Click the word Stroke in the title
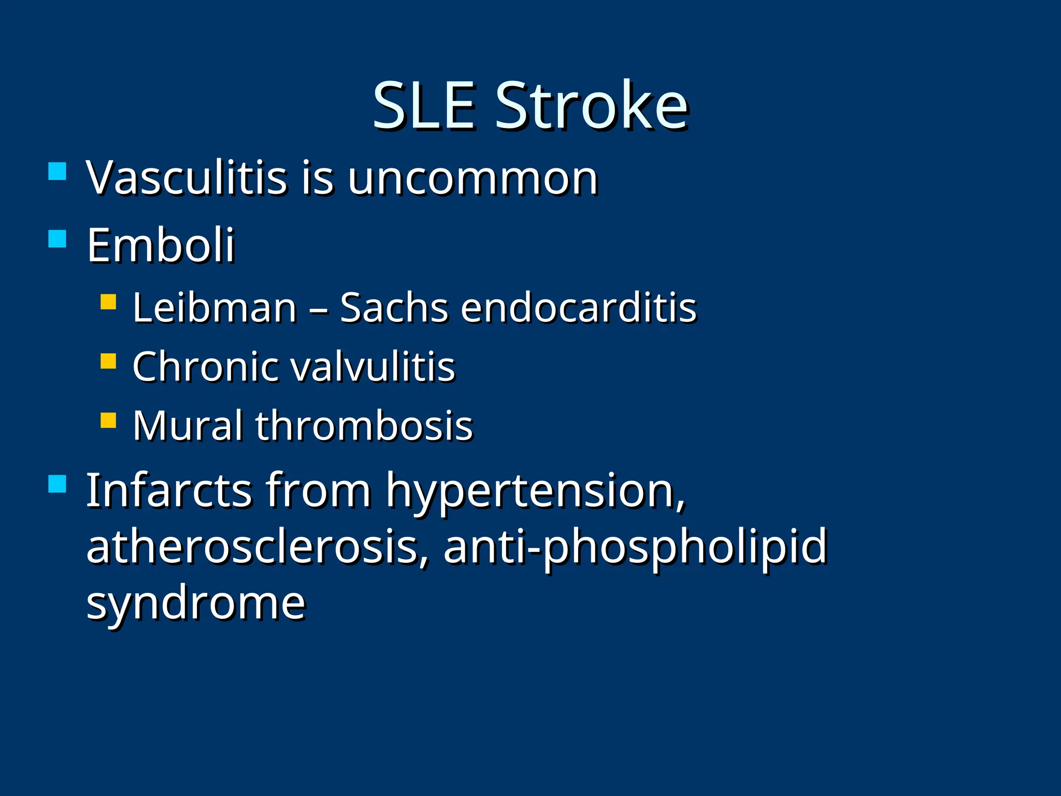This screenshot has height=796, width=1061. (592, 106)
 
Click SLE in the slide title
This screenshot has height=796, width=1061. (424, 106)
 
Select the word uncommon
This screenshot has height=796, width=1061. (472, 179)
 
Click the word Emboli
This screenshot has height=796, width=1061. (161, 246)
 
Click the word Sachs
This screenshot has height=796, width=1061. (394, 308)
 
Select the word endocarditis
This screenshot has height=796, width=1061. (579, 308)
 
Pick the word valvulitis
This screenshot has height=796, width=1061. (372, 367)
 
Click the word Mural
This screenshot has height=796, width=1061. (188, 426)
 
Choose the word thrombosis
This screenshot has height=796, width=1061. (364, 426)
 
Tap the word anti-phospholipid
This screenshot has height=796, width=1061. (635, 548)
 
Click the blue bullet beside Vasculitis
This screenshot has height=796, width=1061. (57, 171)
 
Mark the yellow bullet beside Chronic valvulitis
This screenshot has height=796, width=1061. (108, 361)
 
